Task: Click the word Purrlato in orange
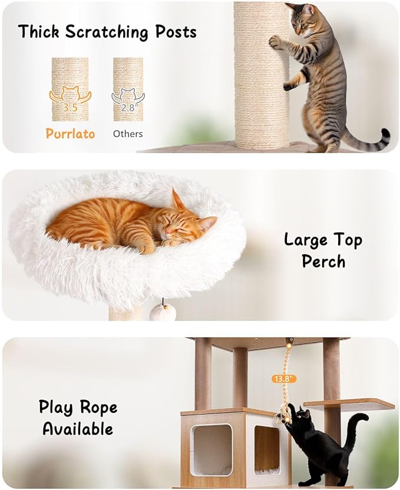click(x=70, y=134)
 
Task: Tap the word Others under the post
click(x=128, y=134)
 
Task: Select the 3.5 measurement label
click(x=70, y=107)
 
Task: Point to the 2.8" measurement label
click(x=128, y=107)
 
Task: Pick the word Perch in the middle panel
click(x=323, y=261)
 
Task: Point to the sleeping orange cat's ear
click(x=177, y=200)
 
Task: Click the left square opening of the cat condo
click(x=211, y=449)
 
